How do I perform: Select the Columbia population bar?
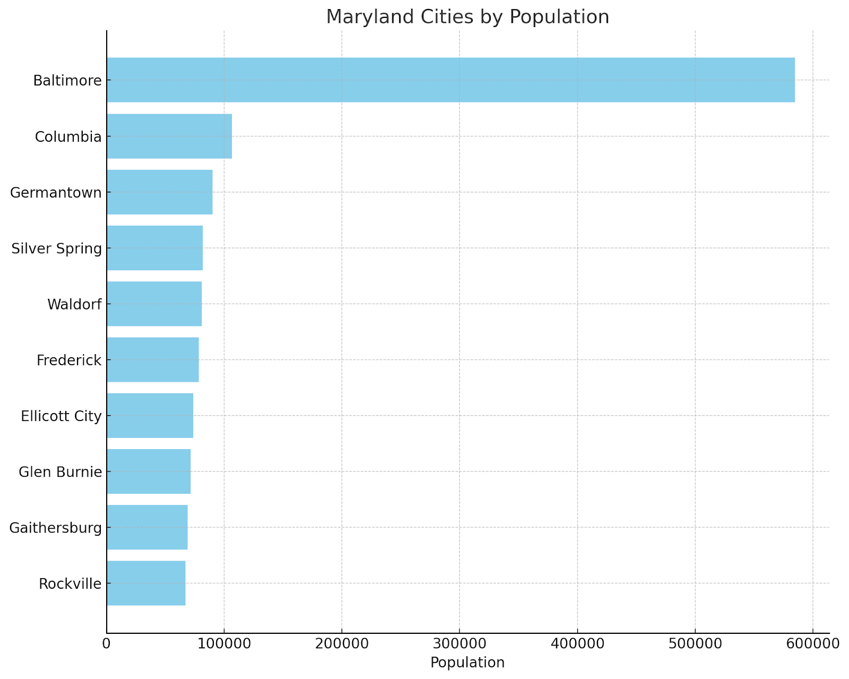click(169, 136)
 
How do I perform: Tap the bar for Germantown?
click(159, 192)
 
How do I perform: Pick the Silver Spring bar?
click(154, 248)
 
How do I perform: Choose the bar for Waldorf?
click(154, 304)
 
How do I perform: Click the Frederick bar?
click(152, 360)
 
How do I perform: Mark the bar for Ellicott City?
click(150, 416)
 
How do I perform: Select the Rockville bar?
click(146, 583)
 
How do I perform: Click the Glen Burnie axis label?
click(60, 472)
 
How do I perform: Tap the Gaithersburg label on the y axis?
click(55, 528)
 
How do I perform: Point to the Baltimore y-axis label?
click(67, 81)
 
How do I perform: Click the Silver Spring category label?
click(56, 248)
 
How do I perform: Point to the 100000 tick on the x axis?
click(224, 644)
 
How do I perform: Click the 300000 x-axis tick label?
click(459, 644)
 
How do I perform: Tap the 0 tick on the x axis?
click(107, 644)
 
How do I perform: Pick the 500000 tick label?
click(695, 644)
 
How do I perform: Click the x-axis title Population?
click(467, 663)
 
